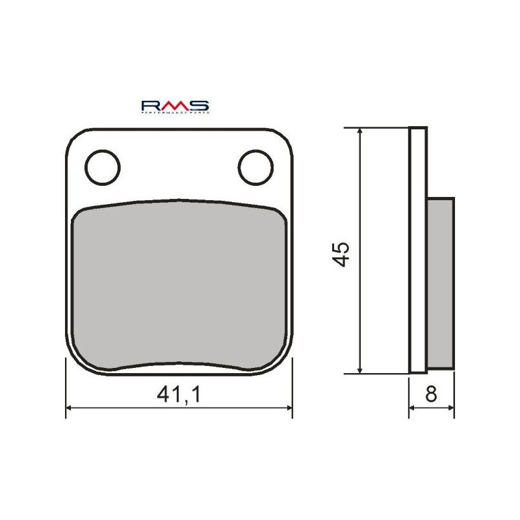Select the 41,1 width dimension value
(x=179, y=395)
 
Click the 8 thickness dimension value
(x=432, y=395)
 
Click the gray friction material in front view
(x=179, y=286)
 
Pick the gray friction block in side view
(x=441, y=283)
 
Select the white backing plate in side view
(x=418, y=250)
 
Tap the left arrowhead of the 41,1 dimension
(x=71, y=409)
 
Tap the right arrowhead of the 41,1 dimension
(x=288, y=409)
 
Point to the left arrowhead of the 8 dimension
(x=412, y=409)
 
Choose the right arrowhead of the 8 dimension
(x=450, y=409)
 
